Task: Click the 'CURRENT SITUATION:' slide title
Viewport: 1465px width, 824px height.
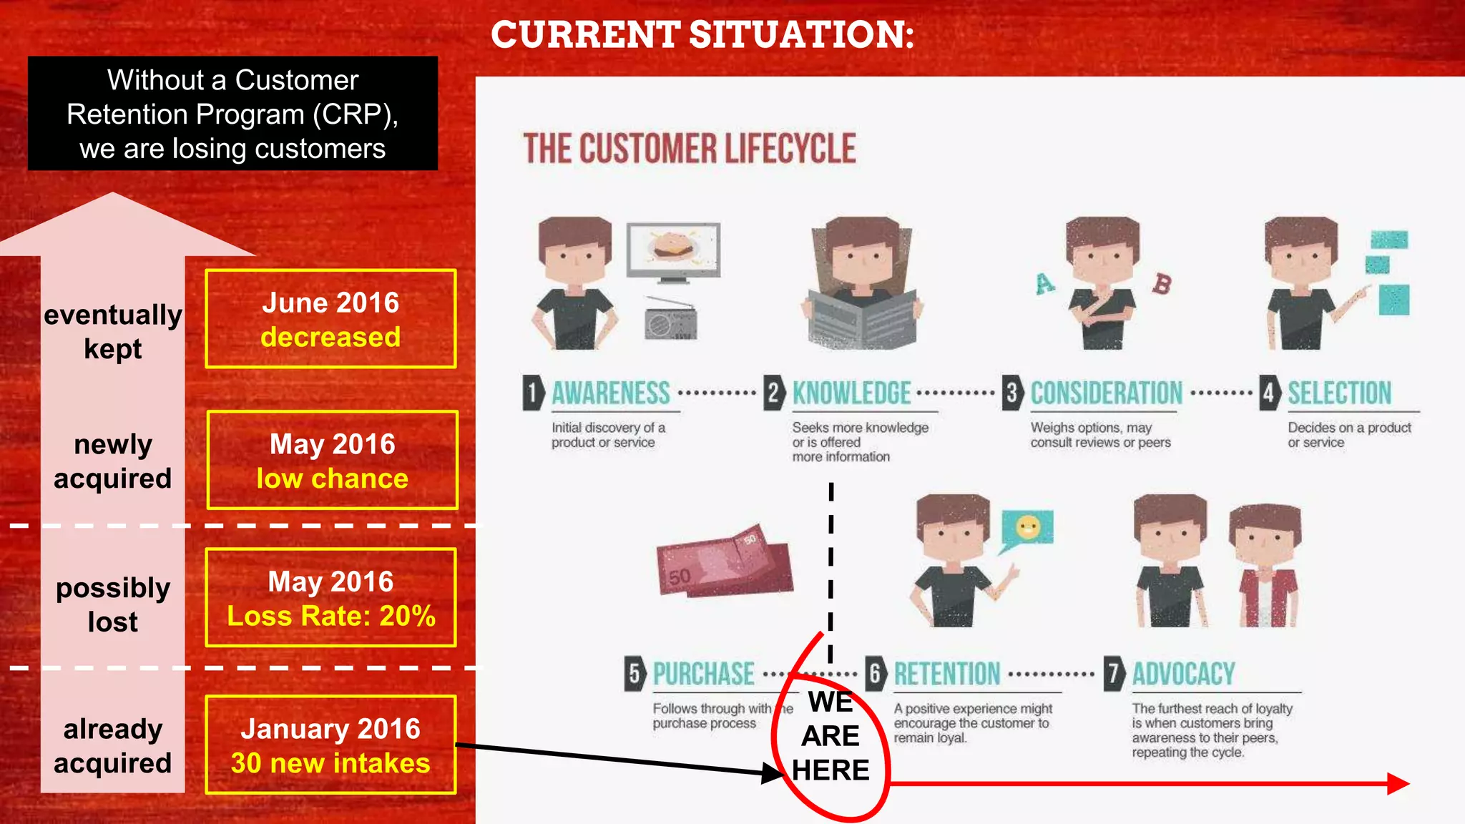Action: pyautogui.click(x=702, y=34)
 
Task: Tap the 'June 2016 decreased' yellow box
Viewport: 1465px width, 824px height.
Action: pyautogui.click(x=330, y=319)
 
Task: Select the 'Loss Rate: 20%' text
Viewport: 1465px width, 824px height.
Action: pyautogui.click(x=331, y=616)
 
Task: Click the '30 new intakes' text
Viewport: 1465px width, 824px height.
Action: pyautogui.click(x=330, y=763)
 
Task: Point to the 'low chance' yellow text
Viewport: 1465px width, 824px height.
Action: pyautogui.click(x=333, y=479)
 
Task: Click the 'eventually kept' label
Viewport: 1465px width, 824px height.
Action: pyautogui.click(x=113, y=332)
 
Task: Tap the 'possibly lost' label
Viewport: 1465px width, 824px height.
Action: pyautogui.click(x=113, y=604)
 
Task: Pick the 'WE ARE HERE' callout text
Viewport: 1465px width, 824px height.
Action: pyautogui.click(x=831, y=736)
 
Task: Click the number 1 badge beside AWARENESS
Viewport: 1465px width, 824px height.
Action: pyautogui.click(x=532, y=393)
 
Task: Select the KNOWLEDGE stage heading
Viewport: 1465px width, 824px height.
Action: pyautogui.click(x=851, y=393)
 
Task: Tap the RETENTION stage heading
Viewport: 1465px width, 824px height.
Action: pyautogui.click(x=947, y=674)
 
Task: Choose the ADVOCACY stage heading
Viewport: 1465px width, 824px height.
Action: pyautogui.click(x=1183, y=674)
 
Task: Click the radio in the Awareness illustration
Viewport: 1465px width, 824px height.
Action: pyautogui.click(x=670, y=319)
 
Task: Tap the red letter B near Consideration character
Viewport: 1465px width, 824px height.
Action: pyautogui.click(x=1162, y=284)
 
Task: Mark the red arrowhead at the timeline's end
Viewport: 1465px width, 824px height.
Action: pyautogui.click(x=1397, y=784)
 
